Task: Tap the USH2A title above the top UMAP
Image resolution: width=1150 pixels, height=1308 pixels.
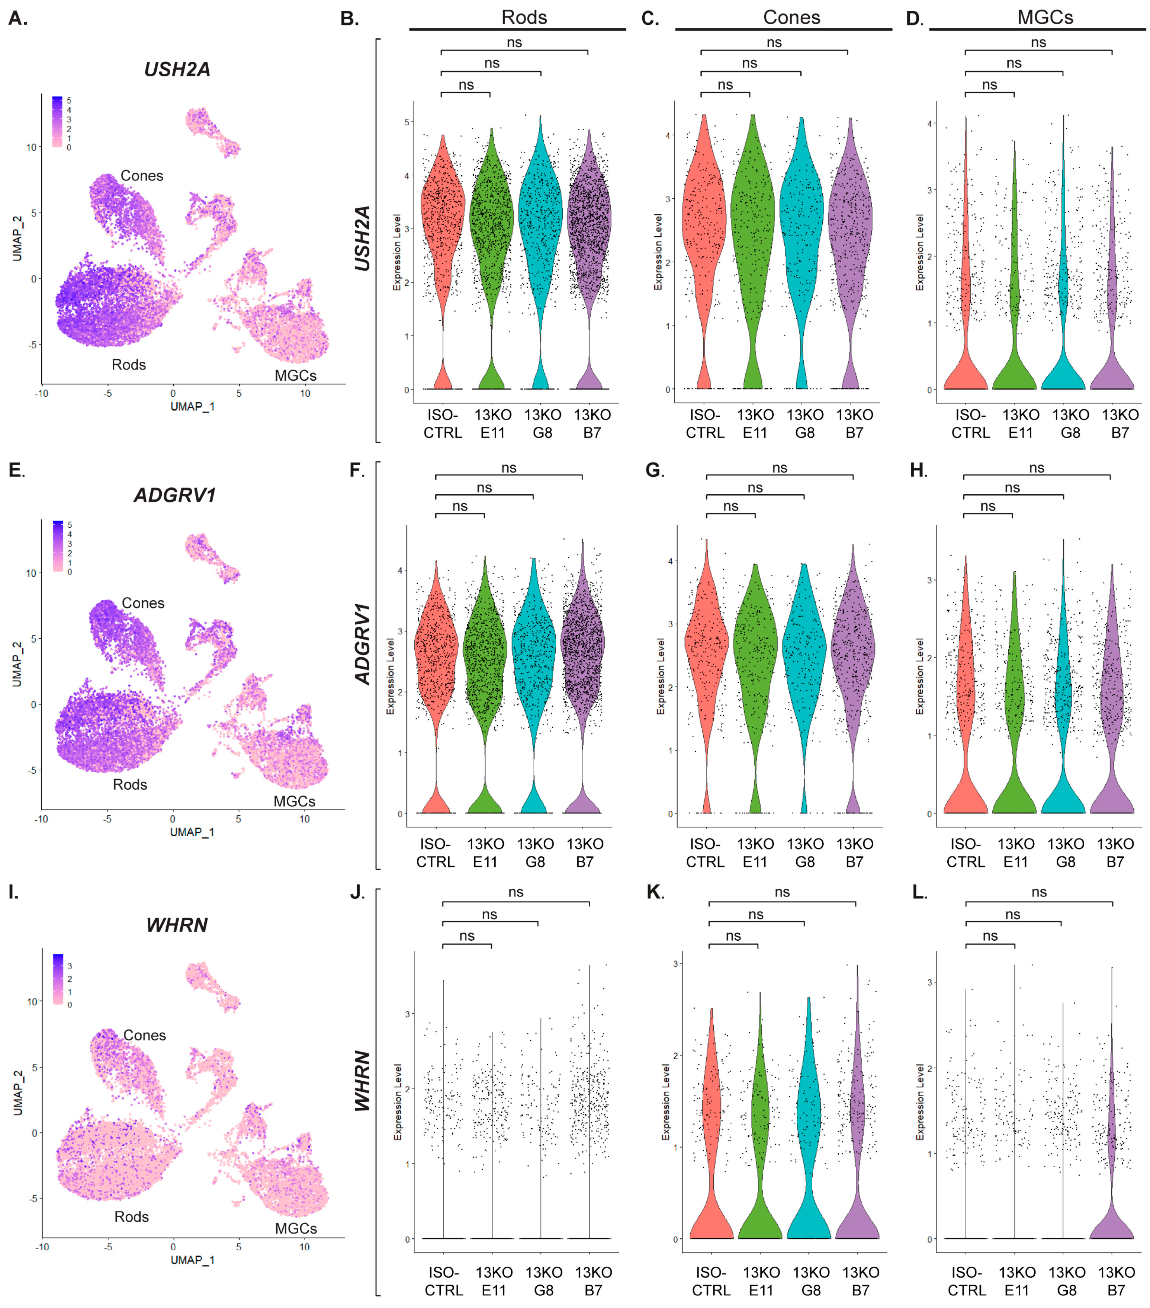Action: [177, 69]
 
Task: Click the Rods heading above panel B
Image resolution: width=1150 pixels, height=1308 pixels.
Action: [524, 17]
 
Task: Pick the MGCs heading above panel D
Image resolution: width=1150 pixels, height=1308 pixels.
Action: [1045, 17]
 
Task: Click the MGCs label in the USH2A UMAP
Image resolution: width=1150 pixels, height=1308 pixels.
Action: [295, 375]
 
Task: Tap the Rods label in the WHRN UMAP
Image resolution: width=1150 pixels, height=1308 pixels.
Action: [131, 1216]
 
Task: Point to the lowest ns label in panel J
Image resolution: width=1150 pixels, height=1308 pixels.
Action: [467, 936]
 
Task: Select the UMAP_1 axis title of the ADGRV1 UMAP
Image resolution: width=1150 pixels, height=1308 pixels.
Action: [192, 832]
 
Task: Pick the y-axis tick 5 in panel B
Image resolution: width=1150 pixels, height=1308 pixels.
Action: [407, 122]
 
